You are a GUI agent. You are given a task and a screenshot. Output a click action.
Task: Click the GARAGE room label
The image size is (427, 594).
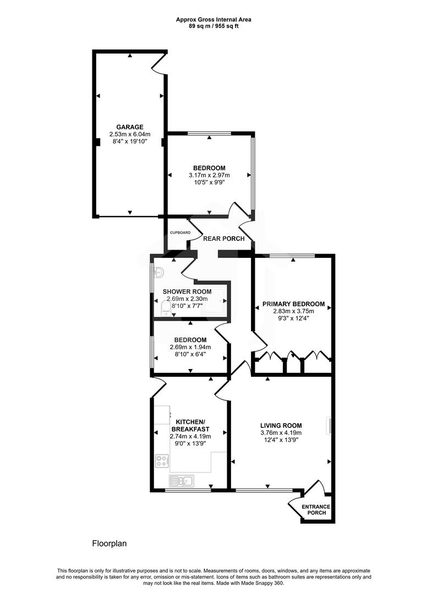coord(130,127)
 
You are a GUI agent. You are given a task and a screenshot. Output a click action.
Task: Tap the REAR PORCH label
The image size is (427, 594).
coord(224,239)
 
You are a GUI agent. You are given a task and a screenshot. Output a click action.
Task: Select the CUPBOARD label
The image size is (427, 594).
coord(180,233)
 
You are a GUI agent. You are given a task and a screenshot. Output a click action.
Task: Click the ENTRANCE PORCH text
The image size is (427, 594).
coord(316,510)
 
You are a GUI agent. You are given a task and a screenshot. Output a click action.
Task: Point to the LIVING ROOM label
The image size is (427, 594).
coord(281,425)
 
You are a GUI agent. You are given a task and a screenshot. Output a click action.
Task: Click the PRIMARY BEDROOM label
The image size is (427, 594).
coord(293,304)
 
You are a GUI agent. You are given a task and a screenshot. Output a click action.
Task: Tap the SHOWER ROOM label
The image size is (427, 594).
coord(187,291)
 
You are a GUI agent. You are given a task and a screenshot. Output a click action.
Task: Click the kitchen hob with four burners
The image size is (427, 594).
coord(162,460)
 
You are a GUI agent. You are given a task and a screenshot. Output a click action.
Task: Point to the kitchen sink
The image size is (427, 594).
coord(182,481)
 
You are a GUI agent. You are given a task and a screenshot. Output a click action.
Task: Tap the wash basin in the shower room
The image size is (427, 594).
coord(159,272)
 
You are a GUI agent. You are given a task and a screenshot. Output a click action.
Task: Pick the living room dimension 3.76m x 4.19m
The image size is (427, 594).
coord(281,432)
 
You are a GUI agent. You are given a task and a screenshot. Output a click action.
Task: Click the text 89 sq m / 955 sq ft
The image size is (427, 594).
coord(214,26)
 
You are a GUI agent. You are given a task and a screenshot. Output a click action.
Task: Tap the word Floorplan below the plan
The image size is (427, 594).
coord(109,543)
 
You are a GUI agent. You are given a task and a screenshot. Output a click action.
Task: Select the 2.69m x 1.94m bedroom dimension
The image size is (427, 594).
coord(190,348)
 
